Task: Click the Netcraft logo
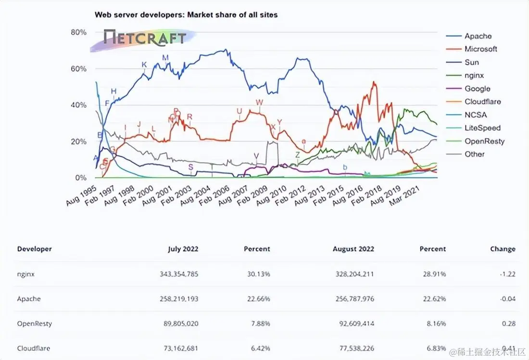coord(145,39)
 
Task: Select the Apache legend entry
coord(478,36)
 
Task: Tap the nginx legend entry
coord(474,76)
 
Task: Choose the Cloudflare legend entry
coord(482,102)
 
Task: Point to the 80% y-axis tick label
coord(78,32)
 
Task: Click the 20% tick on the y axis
coord(78,141)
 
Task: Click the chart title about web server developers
coord(186,15)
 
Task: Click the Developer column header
coord(34,249)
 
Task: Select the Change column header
coord(503,249)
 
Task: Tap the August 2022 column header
coord(353,249)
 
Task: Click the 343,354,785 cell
coord(179,274)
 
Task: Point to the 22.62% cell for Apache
coord(433,299)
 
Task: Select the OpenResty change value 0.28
coord(509,323)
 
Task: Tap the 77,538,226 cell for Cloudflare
coord(355,348)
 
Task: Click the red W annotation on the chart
coord(260,103)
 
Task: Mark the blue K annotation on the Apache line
coord(144,65)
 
